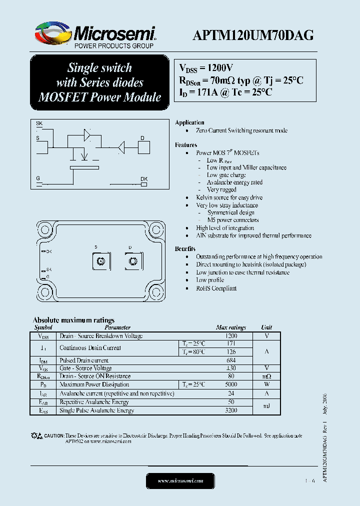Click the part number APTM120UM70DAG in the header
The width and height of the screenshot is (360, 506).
[253, 35]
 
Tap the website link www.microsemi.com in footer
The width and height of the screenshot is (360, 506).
[180, 480]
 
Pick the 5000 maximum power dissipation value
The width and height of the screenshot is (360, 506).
[230, 384]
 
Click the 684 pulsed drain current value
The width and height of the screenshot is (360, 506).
[230, 360]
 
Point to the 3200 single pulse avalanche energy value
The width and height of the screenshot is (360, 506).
[230, 410]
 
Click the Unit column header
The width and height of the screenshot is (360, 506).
[266, 327]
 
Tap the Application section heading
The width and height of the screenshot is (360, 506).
[189, 122]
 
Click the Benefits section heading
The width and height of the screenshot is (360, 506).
[185, 248]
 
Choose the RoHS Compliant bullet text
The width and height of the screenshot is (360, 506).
[216, 288]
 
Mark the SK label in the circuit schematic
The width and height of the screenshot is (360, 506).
[39, 123]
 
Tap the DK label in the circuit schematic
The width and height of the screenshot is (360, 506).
[143, 178]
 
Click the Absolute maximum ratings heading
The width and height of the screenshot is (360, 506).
[73, 320]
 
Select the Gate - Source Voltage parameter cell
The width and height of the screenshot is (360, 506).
[86, 368]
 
